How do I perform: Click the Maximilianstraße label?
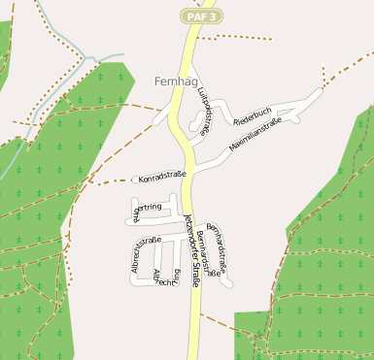pyautogui.click(x=255, y=135)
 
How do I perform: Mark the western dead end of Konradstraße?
pyautogui.click(x=135, y=180)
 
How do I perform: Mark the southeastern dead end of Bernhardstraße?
pyautogui.click(x=229, y=282)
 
